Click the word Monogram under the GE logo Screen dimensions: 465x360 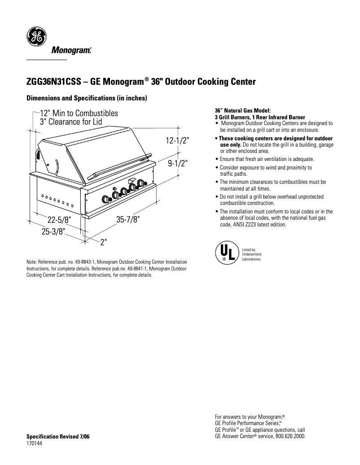click(72, 50)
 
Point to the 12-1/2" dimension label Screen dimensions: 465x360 click(178, 141)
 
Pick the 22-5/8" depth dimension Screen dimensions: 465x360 click(59, 220)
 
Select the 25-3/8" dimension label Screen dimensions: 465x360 click(53, 231)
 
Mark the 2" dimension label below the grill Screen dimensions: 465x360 click(104, 242)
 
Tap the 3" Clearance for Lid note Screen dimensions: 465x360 click(71, 122)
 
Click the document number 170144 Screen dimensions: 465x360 click(35, 443)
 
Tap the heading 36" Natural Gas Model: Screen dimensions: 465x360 click(242, 111)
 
